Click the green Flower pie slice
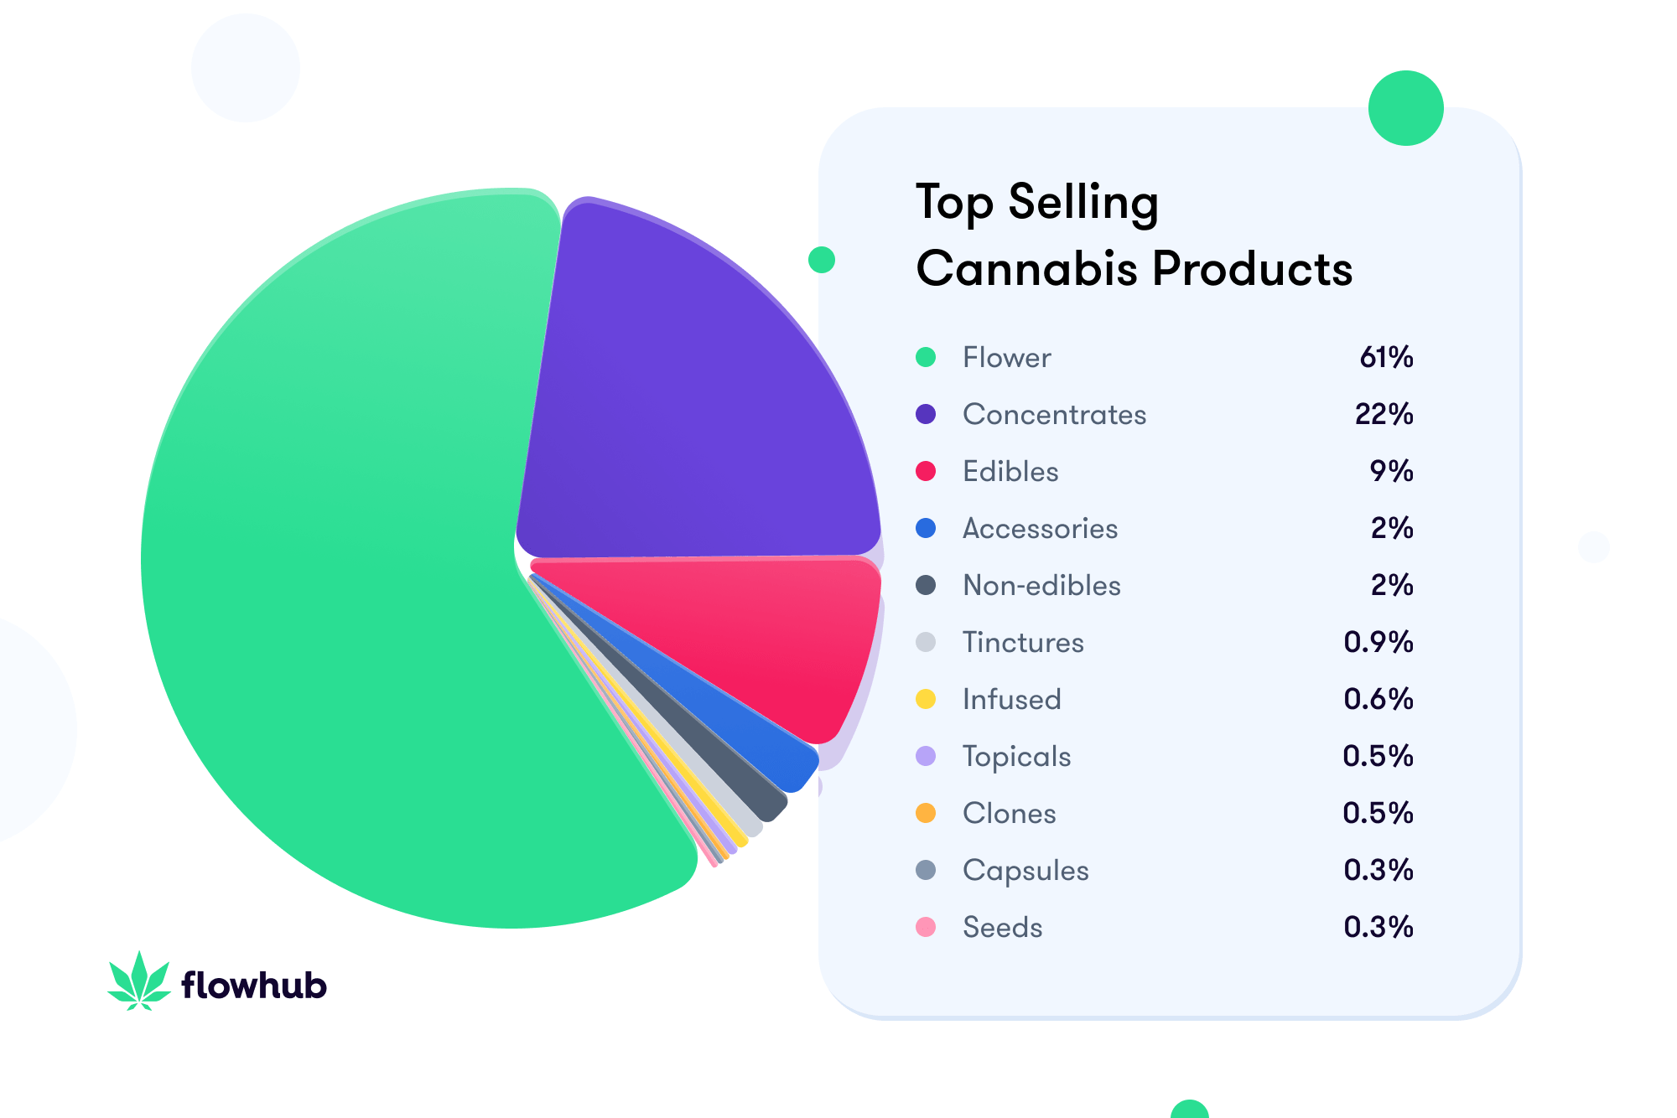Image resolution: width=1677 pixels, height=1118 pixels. (335, 587)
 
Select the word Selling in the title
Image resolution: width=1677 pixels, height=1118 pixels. (1083, 203)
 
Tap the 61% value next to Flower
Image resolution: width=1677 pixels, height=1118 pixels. (1386, 358)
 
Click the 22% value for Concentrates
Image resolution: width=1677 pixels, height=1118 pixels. (1384, 415)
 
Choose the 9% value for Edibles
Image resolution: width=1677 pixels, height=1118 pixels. (1391, 472)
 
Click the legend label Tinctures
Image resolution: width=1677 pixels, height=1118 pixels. (1023, 643)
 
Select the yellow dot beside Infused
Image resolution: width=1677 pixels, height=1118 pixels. (926, 699)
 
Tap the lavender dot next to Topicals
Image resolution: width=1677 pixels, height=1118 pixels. (926, 756)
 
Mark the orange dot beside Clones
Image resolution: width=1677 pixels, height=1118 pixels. (926, 813)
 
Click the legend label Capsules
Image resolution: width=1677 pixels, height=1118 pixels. (1025, 871)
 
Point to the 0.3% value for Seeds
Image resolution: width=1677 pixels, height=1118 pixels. (1378, 928)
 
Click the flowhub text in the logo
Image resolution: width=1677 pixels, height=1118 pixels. (253, 986)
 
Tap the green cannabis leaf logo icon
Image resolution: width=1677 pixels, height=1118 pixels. (139, 981)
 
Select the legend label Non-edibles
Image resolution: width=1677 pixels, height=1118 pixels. (1041, 586)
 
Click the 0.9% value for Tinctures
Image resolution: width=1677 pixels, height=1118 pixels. (1378, 643)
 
